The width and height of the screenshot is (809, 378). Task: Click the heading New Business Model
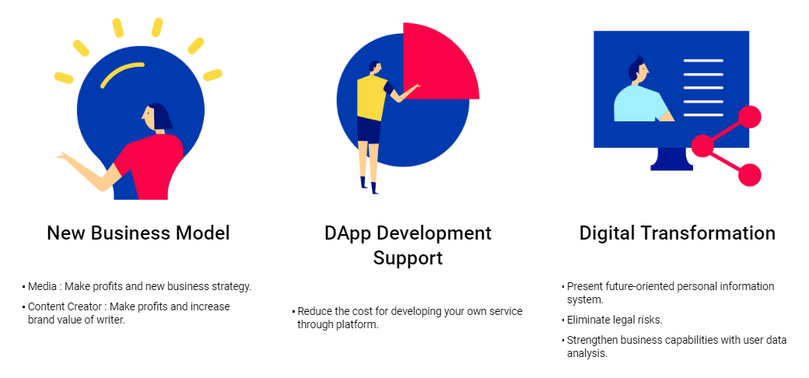[x=138, y=233]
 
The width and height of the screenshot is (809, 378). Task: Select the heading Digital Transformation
[x=677, y=233]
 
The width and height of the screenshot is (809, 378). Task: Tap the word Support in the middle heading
[x=408, y=257]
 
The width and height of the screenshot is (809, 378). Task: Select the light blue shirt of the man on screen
[x=639, y=103]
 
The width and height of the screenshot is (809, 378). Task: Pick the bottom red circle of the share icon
[x=750, y=175]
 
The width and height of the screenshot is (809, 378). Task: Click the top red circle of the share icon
[x=750, y=117]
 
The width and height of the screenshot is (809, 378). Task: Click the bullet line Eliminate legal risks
[x=615, y=320]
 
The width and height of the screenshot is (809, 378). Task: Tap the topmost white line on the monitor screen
[x=703, y=61]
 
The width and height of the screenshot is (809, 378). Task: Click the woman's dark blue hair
[x=161, y=116]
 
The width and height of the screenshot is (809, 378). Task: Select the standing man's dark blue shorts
[x=369, y=131]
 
